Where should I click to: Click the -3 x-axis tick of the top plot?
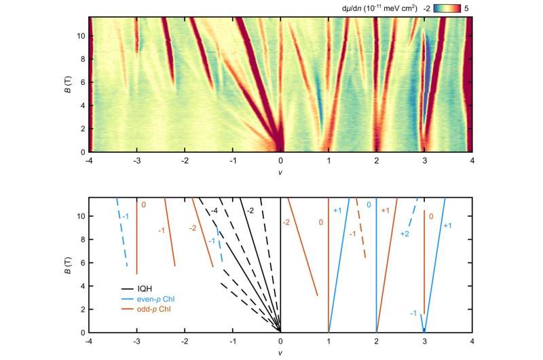pyautogui.click(x=137, y=160)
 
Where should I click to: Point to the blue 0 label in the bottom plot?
pyautogui.click(x=369, y=204)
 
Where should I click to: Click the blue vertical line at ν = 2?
pyautogui.click(x=376, y=272)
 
